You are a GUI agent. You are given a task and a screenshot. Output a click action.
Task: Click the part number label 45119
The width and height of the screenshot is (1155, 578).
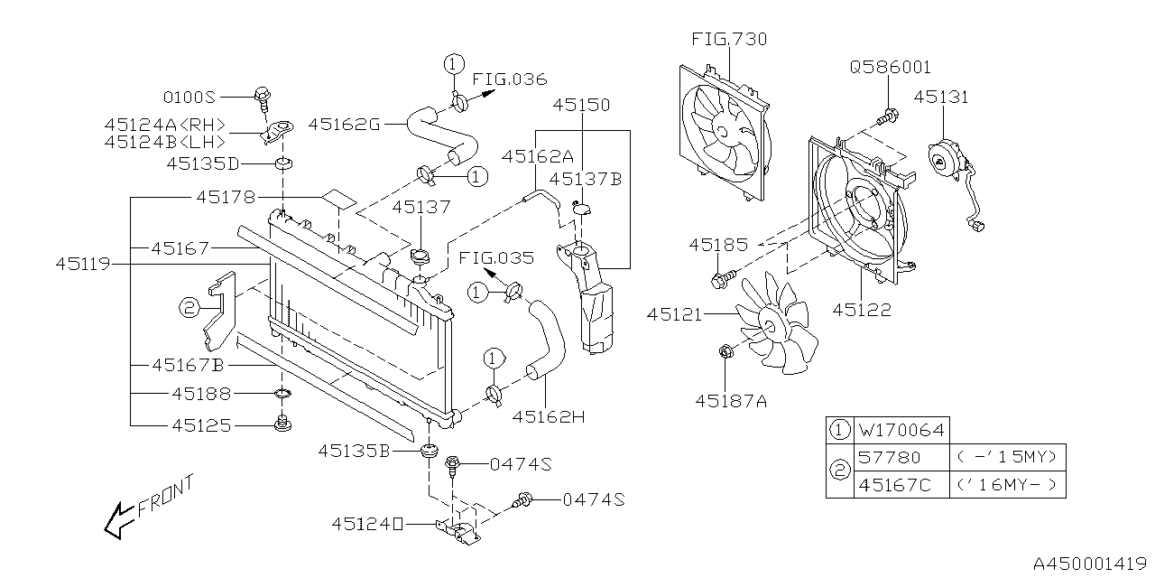click(82, 265)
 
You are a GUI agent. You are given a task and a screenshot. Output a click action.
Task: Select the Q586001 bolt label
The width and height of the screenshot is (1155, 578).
click(890, 68)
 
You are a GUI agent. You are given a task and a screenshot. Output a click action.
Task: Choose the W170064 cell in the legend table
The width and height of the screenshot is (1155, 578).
click(901, 430)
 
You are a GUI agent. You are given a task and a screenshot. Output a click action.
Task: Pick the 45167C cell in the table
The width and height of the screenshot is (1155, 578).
click(901, 485)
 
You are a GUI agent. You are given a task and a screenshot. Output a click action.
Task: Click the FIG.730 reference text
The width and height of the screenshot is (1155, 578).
click(730, 40)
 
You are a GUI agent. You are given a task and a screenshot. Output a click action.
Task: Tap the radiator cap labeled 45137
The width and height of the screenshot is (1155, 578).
click(420, 258)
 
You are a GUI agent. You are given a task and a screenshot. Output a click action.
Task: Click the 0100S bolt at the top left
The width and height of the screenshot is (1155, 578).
click(263, 95)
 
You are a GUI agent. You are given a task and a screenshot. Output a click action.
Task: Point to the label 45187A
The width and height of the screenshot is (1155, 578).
click(731, 400)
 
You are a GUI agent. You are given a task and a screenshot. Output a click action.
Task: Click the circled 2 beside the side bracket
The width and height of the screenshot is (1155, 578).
click(189, 309)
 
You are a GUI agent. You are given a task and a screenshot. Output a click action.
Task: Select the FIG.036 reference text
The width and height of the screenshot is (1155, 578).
click(510, 79)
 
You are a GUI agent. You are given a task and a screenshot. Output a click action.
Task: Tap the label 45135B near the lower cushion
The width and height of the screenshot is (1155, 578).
click(354, 451)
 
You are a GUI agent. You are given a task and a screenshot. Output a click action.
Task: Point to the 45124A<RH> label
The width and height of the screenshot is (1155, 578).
click(164, 125)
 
